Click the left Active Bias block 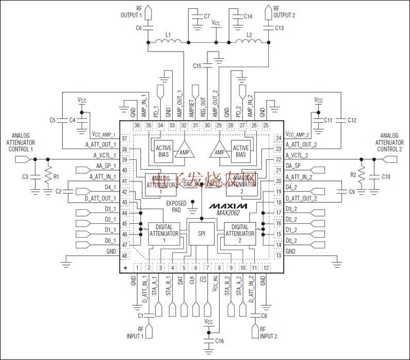(163, 151)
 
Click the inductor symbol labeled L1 (168, 41)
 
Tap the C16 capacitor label (220, 341)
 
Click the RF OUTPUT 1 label (131, 11)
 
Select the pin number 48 (124, 255)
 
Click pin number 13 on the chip (278, 255)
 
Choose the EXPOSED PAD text (176, 207)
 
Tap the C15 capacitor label (197, 66)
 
